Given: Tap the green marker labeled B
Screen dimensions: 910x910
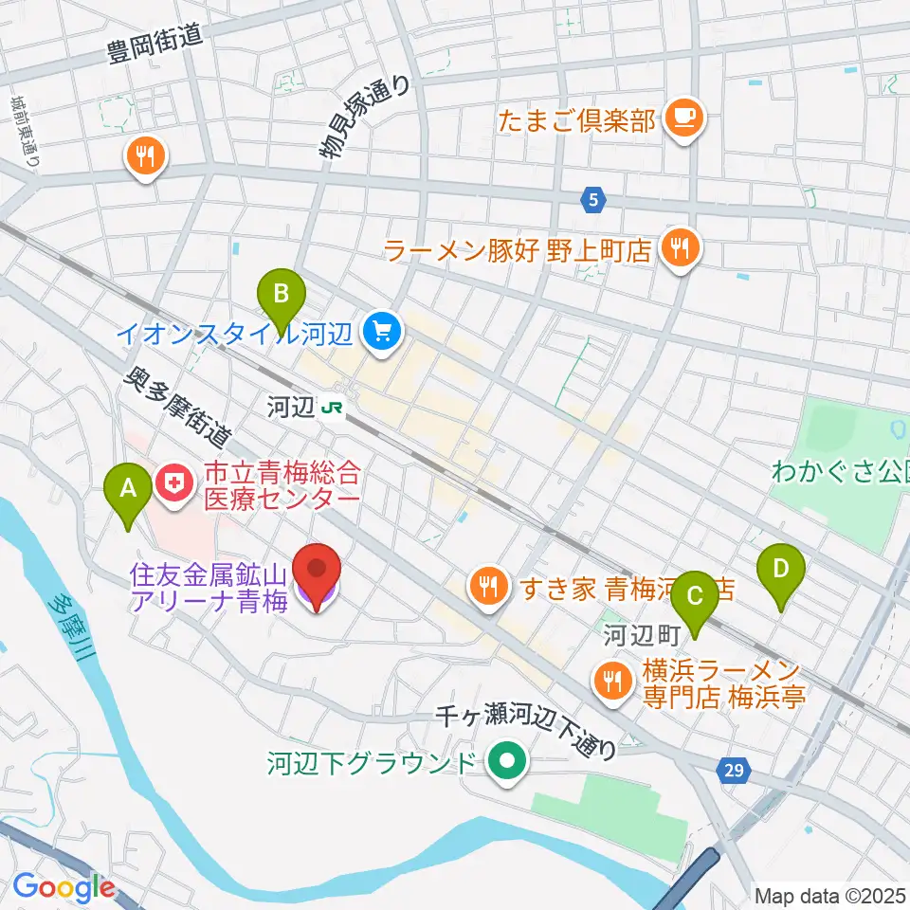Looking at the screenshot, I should coord(281,291).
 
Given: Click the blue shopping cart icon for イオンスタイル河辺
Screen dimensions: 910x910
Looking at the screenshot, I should coord(383,332).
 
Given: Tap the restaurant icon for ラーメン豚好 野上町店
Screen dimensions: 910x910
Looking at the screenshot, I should coord(679,249).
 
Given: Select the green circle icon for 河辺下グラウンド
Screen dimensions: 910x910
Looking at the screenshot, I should coord(508,761).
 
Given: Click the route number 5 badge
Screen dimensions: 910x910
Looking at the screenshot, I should coord(593,199).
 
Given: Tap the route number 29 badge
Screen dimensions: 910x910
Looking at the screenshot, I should coord(736,773).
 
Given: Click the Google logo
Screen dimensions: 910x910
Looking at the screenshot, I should coord(64,887).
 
